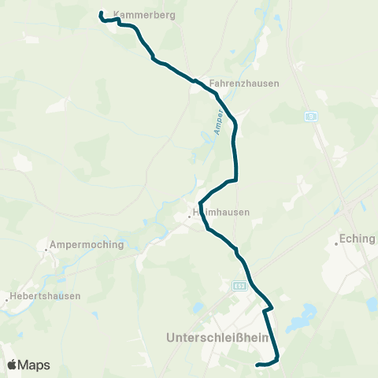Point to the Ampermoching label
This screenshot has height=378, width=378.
tap(87, 244)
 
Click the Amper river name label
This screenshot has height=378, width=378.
tap(220, 122)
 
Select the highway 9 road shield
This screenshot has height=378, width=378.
tap(312, 116)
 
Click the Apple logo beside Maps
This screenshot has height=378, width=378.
tap(12, 365)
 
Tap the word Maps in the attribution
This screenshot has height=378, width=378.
tap(34, 365)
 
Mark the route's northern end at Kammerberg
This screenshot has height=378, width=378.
tap(102, 13)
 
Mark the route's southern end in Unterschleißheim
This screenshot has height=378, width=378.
tap(258, 364)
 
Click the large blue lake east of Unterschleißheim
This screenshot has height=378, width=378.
tap(299, 323)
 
